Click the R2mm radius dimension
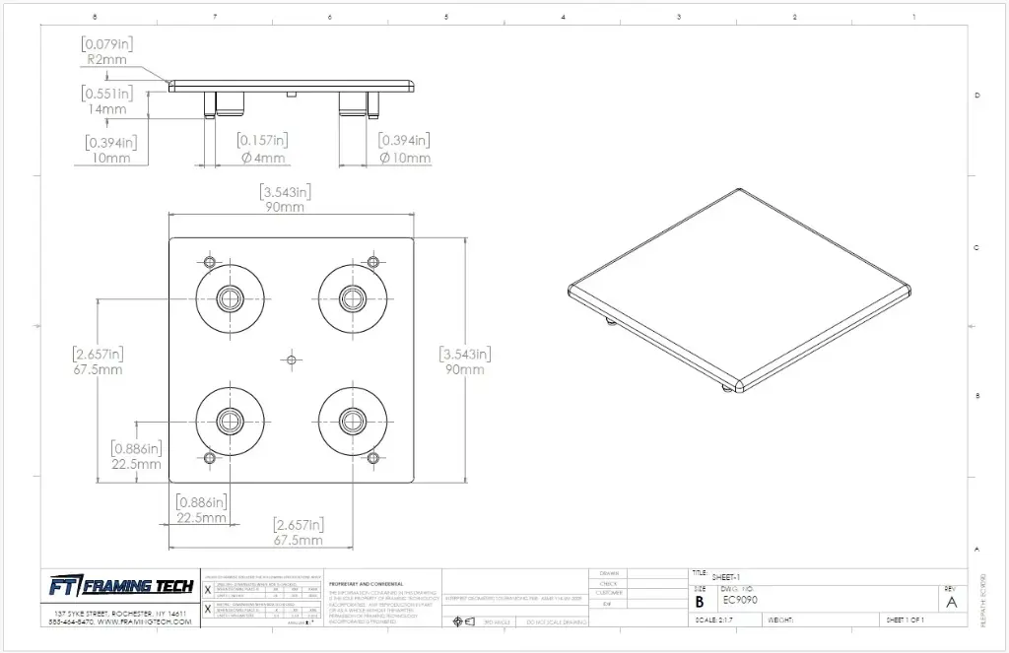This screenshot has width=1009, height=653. (x=107, y=59)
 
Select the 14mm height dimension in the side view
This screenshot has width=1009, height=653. (x=107, y=109)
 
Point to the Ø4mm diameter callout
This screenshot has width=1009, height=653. (x=261, y=158)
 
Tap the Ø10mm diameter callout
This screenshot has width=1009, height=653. (x=405, y=158)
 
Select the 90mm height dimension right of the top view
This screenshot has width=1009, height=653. (x=465, y=369)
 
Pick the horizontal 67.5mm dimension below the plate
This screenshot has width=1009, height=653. (x=298, y=541)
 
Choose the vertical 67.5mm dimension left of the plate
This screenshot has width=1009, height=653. (x=98, y=370)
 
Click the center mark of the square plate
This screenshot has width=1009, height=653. (x=290, y=360)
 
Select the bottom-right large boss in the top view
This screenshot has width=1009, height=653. (x=351, y=422)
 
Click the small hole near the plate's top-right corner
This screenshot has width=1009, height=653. (x=372, y=261)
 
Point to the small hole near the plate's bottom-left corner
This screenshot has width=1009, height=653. (x=208, y=458)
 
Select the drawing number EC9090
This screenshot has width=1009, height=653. (x=740, y=600)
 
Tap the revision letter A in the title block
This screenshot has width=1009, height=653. (x=951, y=602)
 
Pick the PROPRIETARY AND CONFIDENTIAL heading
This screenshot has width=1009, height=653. (x=366, y=583)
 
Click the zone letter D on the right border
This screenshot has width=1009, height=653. (x=976, y=96)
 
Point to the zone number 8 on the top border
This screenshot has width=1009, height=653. (x=94, y=17)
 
